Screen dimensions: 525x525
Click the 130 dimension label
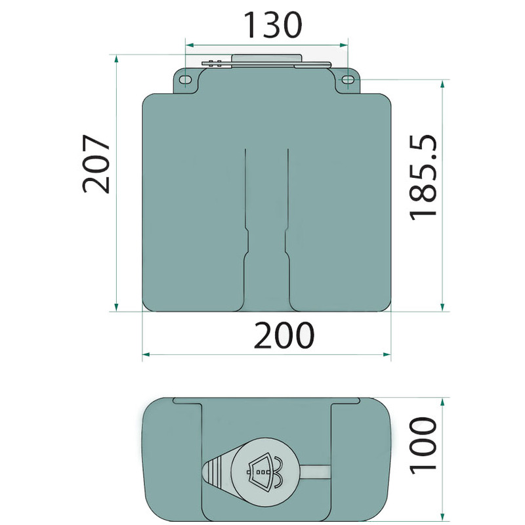pos(272,25)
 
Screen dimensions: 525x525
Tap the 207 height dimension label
pos(96,164)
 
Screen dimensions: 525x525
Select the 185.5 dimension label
pos(423,177)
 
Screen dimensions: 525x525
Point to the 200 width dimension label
pos(284,335)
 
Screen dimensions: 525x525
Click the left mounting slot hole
pos(185,79)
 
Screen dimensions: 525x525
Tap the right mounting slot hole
pos(348,79)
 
